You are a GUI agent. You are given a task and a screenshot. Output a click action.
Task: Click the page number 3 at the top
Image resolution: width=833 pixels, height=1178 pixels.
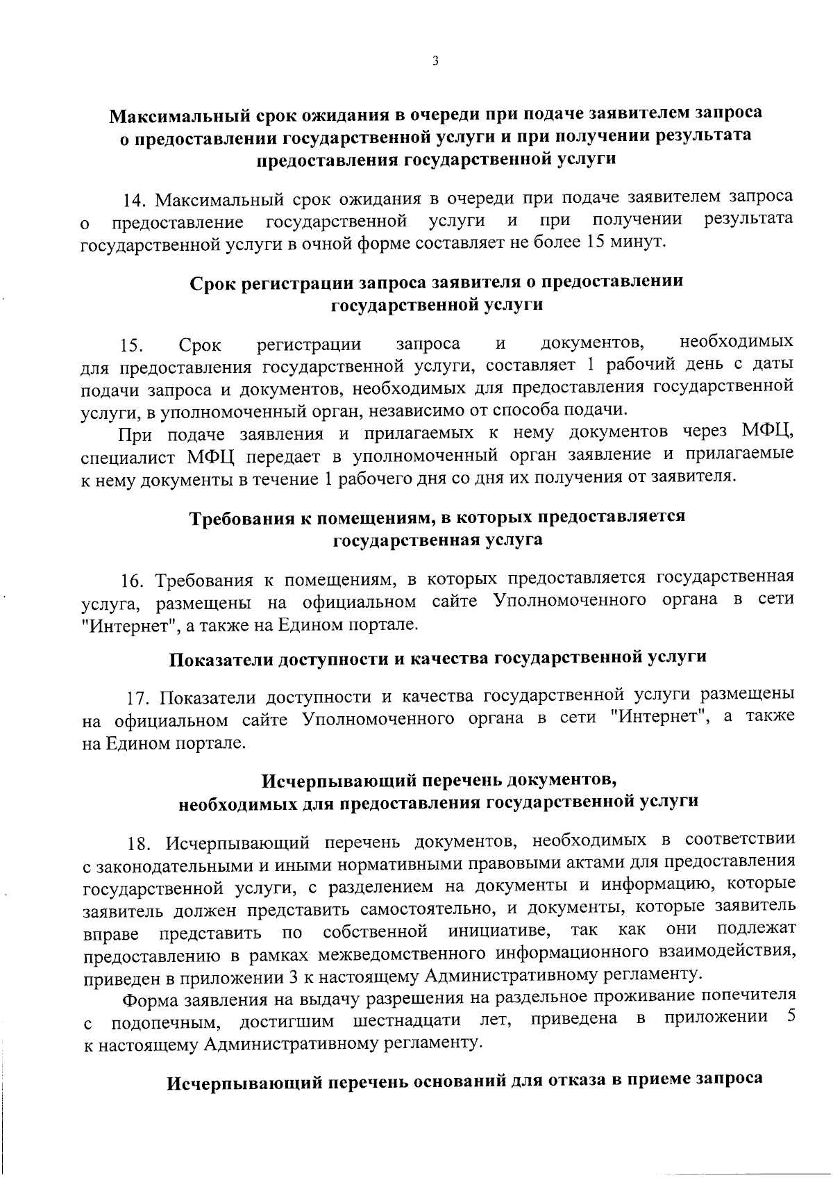(435, 61)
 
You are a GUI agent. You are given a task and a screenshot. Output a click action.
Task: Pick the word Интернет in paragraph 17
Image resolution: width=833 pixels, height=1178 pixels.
(662, 717)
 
